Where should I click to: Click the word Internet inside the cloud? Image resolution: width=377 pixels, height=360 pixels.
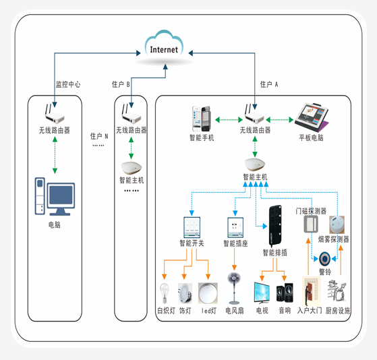(164, 50)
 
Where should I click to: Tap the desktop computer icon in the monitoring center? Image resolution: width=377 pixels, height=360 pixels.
(55, 196)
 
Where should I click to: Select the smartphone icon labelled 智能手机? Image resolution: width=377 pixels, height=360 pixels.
(201, 119)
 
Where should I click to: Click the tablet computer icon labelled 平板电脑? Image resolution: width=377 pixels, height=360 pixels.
(312, 117)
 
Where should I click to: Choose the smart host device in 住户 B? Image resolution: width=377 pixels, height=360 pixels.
(132, 168)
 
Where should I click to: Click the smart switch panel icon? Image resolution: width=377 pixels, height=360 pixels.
(192, 227)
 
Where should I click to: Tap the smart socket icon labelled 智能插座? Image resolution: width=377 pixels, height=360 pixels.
(235, 227)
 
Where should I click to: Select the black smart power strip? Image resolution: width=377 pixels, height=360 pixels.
(274, 226)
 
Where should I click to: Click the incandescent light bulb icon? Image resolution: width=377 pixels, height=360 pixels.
(165, 293)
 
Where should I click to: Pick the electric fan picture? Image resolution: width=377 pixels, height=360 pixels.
(234, 288)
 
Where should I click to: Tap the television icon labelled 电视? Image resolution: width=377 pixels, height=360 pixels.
(262, 292)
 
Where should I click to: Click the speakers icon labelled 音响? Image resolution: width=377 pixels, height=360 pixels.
(285, 293)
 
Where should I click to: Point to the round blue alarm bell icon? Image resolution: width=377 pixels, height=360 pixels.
(324, 259)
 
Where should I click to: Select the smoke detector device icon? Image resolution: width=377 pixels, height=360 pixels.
(337, 224)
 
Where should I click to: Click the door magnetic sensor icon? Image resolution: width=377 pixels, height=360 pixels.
(311, 224)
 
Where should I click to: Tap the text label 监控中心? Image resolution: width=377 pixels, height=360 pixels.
(68, 84)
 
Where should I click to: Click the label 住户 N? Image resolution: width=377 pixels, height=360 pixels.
(99, 136)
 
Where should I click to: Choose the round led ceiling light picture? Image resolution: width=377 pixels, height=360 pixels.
(208, 293)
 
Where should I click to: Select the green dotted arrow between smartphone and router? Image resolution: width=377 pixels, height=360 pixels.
(229, 119)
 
